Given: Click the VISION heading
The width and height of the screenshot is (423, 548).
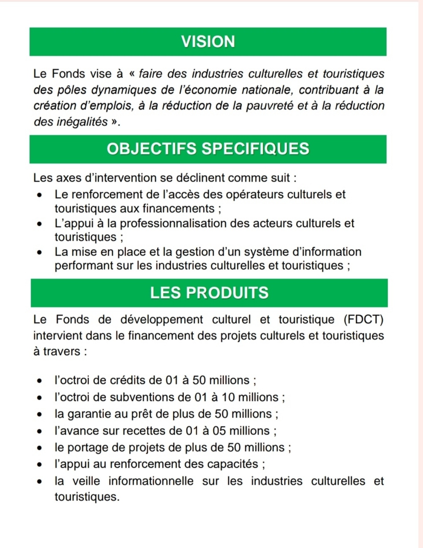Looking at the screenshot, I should tap(208, 42).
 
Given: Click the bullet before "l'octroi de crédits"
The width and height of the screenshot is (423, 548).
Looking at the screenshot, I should tap(40, 381).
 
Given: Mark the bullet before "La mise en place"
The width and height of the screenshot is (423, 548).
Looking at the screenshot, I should tap(40, 252).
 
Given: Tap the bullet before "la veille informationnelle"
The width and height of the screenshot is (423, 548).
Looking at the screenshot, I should tap(40, 482).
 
